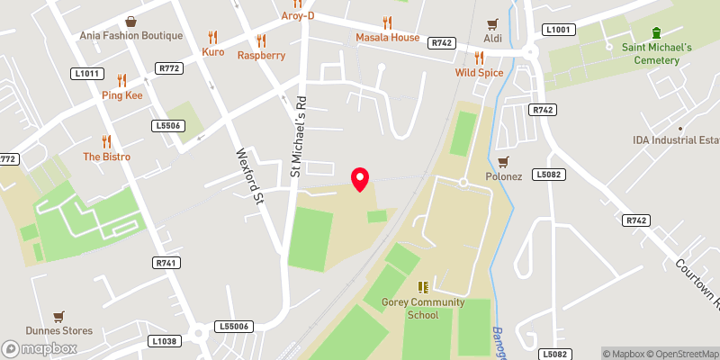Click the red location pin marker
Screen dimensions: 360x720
coord(360,178)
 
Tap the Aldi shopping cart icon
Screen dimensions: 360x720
coord(492,23)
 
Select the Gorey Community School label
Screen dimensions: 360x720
coord(422,309)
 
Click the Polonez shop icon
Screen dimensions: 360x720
coord(503,161)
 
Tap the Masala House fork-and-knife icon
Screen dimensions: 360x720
coord(387,22)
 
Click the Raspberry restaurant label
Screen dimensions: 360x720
coord(261,55)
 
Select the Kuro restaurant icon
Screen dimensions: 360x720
coord(213,37)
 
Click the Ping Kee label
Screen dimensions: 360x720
coord(121,95)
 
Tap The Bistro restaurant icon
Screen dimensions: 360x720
coord(107,141)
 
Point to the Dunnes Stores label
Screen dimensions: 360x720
coord(59,330)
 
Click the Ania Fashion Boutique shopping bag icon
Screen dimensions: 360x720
coord(131,21)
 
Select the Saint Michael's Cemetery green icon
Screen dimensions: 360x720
coord(655,31)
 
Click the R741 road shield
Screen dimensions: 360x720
coord(166,262)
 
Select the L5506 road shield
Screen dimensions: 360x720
coord(167,125)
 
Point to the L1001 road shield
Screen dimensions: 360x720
coord(558,30)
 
